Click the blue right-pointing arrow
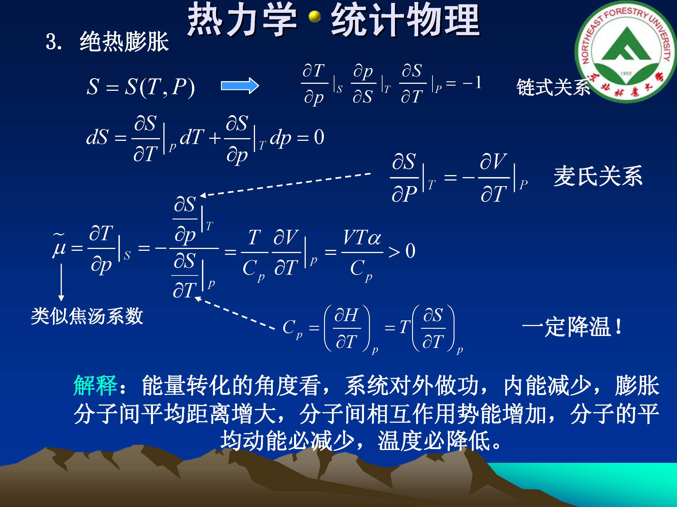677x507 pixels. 240,86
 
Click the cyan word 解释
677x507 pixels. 95,386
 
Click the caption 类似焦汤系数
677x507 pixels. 87,316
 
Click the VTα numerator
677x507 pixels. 362,238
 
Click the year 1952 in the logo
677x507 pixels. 626,73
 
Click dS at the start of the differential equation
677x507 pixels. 97,137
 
